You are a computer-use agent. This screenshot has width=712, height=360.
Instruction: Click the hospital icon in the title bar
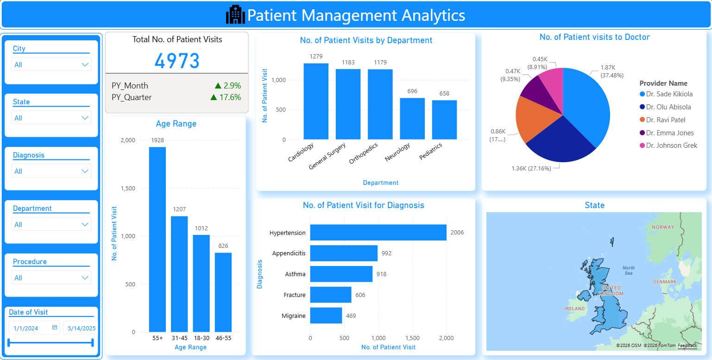click(235, 15)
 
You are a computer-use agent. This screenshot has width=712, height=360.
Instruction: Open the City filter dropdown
click(51, 64)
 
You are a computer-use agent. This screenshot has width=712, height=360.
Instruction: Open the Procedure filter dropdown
click(51, 278)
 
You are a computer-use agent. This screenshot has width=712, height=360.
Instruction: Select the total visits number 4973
click(177, 61)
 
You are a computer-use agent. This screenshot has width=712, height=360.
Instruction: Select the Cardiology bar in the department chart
click(316, 101)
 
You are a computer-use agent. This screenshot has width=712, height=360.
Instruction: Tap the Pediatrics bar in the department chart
click(444, 120)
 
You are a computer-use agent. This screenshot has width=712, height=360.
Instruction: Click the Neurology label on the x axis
click(397, 152)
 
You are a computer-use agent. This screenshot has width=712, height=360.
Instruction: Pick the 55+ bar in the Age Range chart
click(157, 239)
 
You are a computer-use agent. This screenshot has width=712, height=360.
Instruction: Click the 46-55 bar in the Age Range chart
click(223, 292)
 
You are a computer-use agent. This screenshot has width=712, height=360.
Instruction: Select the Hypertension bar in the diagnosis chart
click(378, 233)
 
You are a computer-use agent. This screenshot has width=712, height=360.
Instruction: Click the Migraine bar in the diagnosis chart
click(326, 316)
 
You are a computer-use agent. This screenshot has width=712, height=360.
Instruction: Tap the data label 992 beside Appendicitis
click(386, 253)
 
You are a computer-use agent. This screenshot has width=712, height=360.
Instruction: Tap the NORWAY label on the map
click(663, 227)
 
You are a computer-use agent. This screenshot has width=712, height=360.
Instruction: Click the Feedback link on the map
click(687, 346)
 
